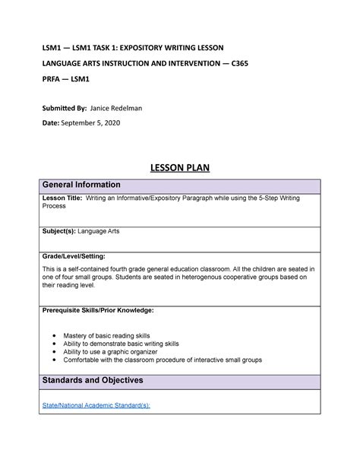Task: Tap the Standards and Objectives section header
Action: [93, 379]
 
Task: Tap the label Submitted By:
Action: [62, 108]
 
